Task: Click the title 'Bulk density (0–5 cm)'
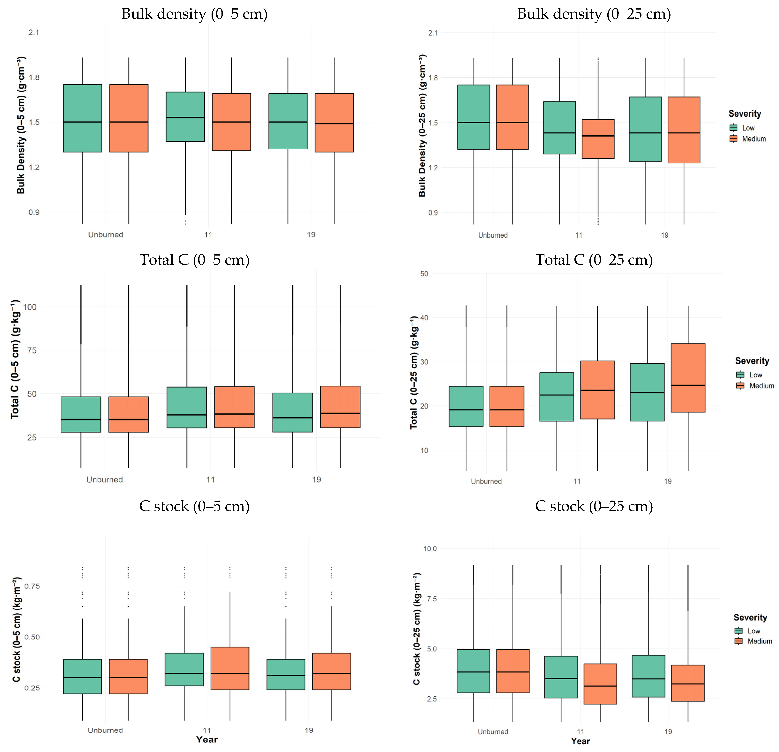(194, 14)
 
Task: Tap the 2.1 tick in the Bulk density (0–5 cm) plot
(34, 32)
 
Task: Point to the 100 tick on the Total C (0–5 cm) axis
(30, 307)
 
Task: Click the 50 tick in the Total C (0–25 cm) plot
(424, 274)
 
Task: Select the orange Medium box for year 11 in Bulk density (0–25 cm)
(598, 139)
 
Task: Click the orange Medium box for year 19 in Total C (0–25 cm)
(688, 378)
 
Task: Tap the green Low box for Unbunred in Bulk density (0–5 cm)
(83, 118)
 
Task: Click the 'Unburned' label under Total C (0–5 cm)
(105, 480)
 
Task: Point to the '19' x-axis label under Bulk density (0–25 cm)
(664, 235)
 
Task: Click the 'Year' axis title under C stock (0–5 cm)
(207, 740)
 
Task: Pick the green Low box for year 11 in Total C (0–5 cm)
(187, 407)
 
